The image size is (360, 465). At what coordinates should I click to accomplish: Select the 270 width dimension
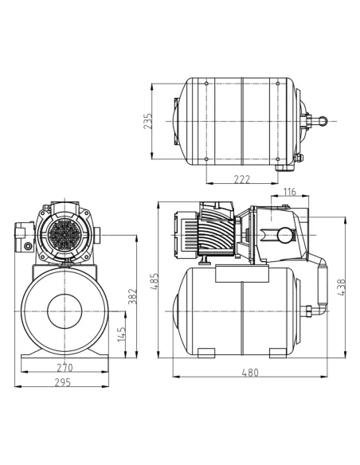[x=65, y=369]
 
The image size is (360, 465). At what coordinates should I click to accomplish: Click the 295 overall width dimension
[x=65, y=382]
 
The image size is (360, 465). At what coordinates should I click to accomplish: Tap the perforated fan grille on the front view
[x=64, y=236]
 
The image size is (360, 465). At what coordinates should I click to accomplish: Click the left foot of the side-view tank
[x=202, y=352]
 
